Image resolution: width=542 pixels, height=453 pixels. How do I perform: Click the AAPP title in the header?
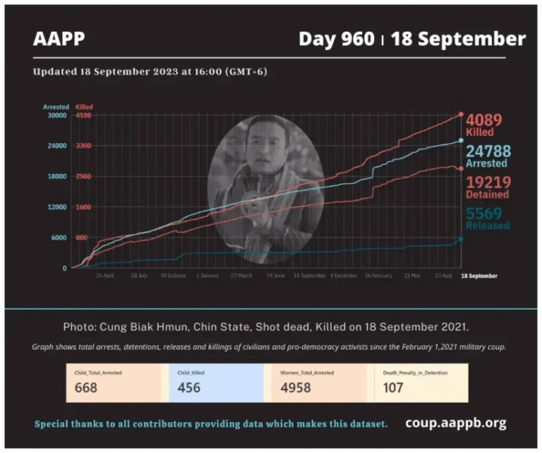59,39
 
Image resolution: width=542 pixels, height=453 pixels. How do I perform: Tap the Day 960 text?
337,39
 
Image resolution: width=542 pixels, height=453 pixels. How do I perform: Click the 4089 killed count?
486,119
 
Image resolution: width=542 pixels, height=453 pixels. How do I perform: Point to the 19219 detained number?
487,182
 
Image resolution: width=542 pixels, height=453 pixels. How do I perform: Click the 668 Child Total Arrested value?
87,387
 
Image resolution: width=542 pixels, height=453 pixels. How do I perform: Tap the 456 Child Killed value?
189,387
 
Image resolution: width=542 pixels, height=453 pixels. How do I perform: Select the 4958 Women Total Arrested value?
296,387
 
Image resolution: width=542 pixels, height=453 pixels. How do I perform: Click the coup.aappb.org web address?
456,423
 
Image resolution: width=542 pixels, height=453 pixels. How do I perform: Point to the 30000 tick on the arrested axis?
56,115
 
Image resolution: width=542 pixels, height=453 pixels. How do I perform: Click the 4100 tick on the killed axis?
84,115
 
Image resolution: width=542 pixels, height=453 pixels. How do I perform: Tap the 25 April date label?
104,275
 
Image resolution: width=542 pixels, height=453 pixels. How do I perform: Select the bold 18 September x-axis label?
478,275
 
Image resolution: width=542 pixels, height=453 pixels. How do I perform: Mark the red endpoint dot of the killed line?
461,114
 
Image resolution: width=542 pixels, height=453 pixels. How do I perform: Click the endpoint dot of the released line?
461,240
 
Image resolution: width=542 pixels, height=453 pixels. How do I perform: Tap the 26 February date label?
378,275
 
